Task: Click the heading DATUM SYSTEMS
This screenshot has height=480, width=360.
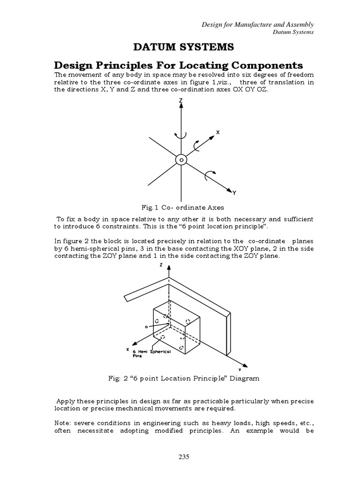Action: (x=180, y=47)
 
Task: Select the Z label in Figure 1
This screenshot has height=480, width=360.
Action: (x=180, y=100)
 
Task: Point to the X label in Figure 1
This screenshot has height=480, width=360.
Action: (x=217, y=133)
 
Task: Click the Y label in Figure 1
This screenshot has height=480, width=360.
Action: (x=234, y=192)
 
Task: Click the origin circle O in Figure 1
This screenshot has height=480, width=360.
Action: (x=180, y=160)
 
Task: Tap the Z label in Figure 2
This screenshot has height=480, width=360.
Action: (x=160, y=265)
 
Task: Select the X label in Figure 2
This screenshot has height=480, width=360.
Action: (x=127, y=349)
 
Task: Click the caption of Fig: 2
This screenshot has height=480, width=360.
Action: (x=180, y=378)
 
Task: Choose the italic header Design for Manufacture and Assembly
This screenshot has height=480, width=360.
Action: (x=257, y=24)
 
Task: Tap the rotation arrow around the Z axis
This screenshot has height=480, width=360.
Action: (x=180, y=135)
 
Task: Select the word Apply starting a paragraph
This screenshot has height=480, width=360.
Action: (x=66, y=402)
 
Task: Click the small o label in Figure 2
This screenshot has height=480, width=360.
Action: (x=146, y=326)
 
